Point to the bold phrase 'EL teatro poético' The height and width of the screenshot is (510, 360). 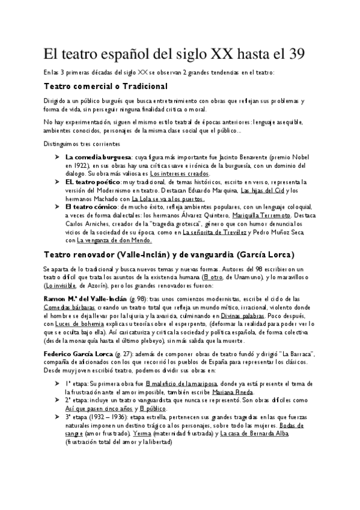click(92, 182)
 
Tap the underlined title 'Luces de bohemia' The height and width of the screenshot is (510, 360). click(77, 324)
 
